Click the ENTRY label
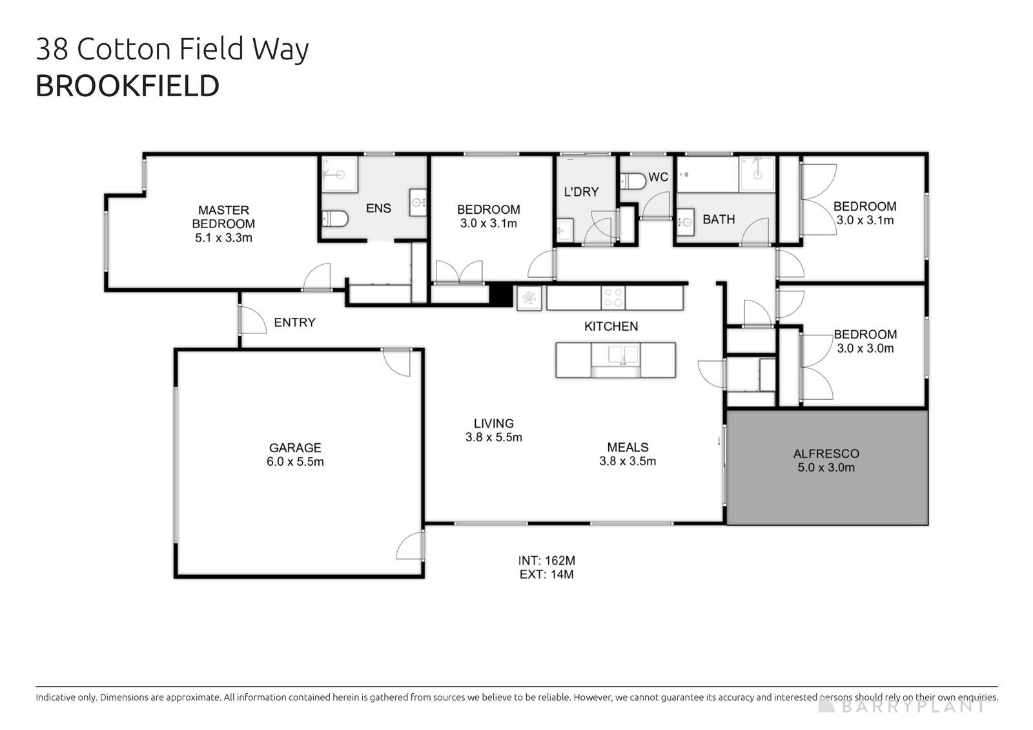click(x=294, y=322)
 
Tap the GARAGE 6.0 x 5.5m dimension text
click(x=295, y=462)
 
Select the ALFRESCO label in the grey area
click(x=826, y=454)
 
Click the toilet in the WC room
click(x=633, y=181)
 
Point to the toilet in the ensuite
click(x=334, y=218)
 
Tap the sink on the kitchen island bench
click(x=615, y=355)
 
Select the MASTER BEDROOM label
click(x=223, y=216)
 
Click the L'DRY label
click(x=581, y=192)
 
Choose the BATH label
click(x=719, y=220)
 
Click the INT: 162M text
click(x=546, y=561)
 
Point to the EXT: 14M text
click(x=546, y=574)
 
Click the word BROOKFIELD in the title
click(x=127, y=86)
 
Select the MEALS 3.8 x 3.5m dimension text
click(x=628, y=461)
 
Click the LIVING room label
click(x=493, y=423)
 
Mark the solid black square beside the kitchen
click(x=500, y=295)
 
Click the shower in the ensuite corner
click(x=339, y=174)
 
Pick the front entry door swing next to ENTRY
click(x=252, y=320)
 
